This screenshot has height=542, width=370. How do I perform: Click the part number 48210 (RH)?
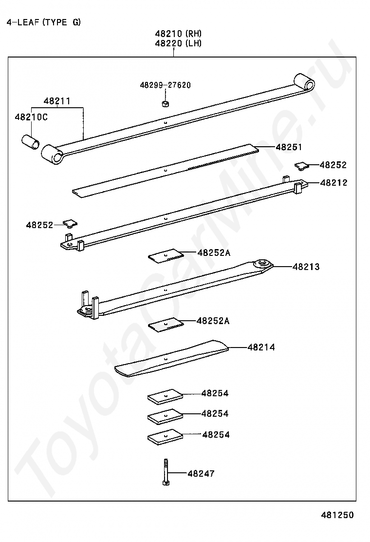pyautogui.click(x=178, y=34)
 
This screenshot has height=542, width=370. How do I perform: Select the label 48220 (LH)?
pyautogui.click(x=178, y=43)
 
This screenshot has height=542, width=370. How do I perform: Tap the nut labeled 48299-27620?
pyautogui.click(x=165, y=103)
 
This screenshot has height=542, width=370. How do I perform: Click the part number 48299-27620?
pyautogui.click(x=165, y=85)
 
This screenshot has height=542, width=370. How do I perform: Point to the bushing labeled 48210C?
pyautogui.click(x=30, y=142)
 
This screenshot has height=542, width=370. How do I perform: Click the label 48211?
pyautogui.click(x=57, y=101)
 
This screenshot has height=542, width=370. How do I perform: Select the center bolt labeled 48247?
pyautogui.click(x=166, y=472)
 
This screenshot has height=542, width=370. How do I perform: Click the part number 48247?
pyautogui.click(x=201, y=473)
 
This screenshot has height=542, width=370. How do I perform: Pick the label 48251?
pyautogui.click(x=289, y=147)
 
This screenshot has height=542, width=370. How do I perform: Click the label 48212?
pyautogui.click(x=334, y=182)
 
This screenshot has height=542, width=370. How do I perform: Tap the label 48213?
pyautogui.click(x=306, y=267)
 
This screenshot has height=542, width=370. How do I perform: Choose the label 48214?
pyautogui.click(x=261, y=347)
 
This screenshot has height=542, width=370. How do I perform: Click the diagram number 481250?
pyautogui.click(x=337, y=515)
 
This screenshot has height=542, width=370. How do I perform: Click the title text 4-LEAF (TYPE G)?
pyautogui.click(x=43, y=22)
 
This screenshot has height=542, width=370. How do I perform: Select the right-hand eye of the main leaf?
pyautogui.click(x=304, y=82)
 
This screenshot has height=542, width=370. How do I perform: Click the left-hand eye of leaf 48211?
pyautogui.click(x=53, y=155)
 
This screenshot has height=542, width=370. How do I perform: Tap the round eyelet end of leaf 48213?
pyautogui.click(x=263, y=265)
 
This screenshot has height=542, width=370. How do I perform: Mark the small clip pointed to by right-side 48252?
pyautogui.click(x=302, y=166)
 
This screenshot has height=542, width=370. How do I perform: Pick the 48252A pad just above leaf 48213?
pyautogui.click(x=166, y=256)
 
